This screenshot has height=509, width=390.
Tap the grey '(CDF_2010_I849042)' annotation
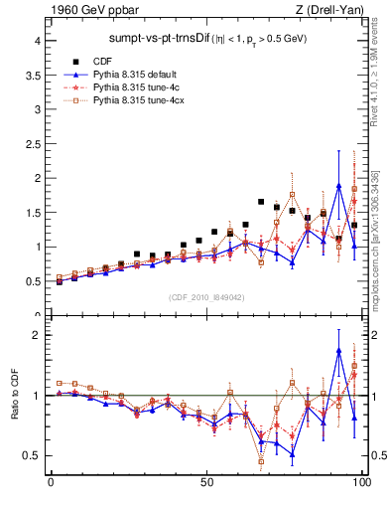(206, 296)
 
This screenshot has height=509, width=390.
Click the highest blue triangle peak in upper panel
(339, 186)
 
